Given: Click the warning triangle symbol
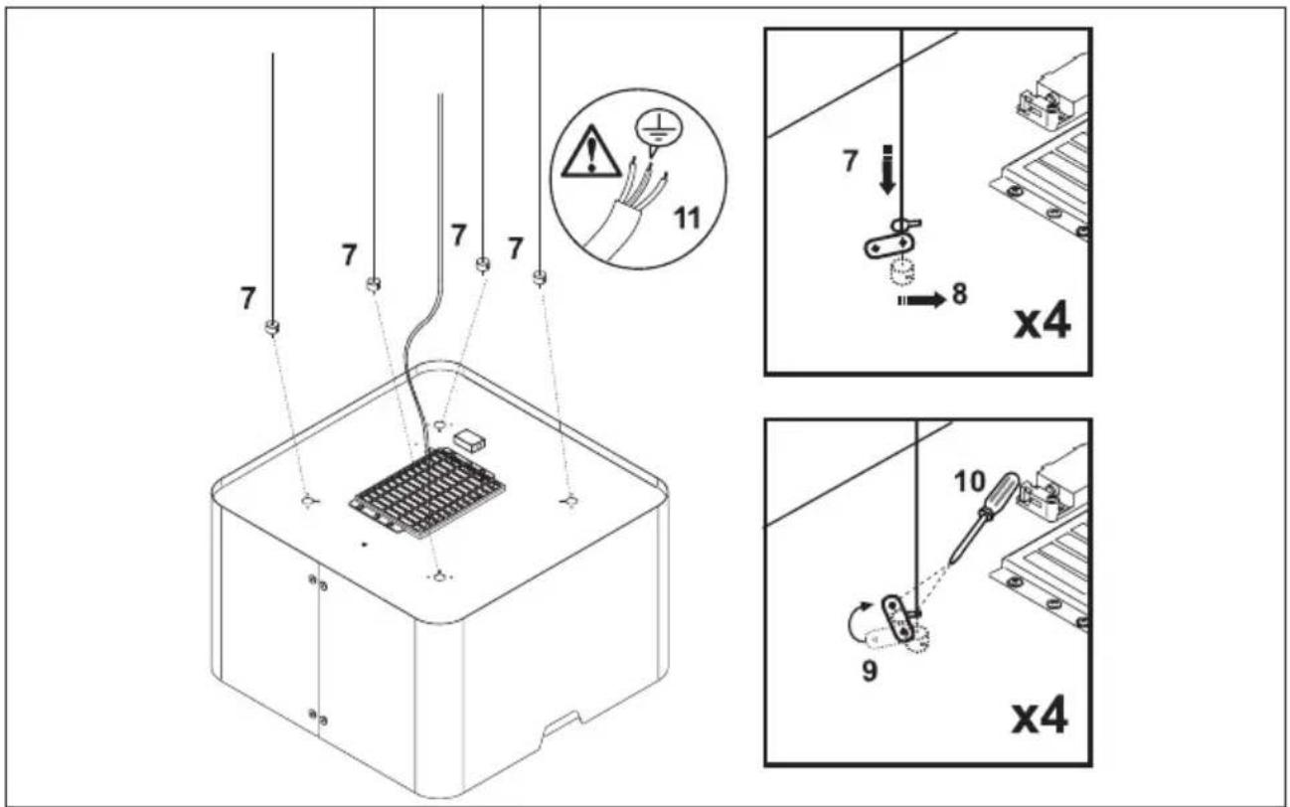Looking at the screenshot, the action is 591,153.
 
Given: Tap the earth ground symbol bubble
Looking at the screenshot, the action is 659,129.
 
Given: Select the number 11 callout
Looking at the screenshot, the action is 688,219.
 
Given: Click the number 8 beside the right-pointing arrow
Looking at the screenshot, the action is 959,294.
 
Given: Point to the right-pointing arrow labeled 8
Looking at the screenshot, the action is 922,300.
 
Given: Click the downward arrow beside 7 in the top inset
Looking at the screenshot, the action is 887,169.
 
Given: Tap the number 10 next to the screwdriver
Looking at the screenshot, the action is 970,482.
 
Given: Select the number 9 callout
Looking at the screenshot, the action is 870,671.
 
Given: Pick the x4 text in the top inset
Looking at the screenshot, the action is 1043,324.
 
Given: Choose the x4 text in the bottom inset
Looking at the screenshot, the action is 1041,718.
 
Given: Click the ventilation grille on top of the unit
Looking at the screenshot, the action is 427,494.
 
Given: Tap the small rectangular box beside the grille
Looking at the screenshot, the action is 469,440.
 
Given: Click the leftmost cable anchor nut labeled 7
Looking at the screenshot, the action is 272,328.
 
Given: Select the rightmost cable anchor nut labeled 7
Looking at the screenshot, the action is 540,277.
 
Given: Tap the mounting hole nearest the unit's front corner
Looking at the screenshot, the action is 440,576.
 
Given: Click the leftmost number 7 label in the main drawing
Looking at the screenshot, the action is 247,298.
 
